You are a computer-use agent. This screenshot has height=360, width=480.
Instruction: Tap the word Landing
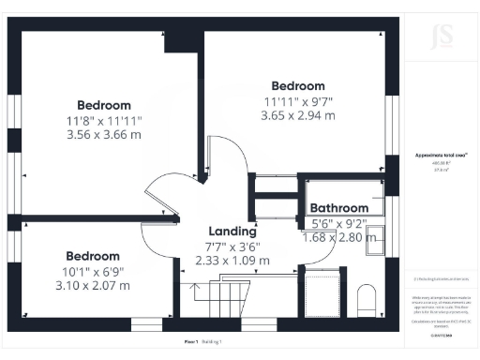(232, 232)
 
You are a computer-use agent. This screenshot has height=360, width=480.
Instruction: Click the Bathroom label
(339, 208)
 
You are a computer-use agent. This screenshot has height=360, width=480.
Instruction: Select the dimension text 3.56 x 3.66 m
(104, 134)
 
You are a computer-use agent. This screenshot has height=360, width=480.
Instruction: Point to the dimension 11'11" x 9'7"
(298, 101)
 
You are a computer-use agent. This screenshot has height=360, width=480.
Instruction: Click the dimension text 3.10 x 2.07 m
(92, 285)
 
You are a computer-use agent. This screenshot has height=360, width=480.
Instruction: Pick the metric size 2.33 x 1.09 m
(232, 260)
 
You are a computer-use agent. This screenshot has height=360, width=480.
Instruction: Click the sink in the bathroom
(374, 239)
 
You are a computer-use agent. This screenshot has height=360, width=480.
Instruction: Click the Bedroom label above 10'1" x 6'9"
(92, 256)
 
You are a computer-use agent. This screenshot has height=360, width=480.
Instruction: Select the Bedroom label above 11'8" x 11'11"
(104, 105)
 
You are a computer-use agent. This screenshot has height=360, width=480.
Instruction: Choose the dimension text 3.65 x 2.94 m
(298, 115)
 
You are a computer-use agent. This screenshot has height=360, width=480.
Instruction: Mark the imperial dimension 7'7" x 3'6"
(232, 247)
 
